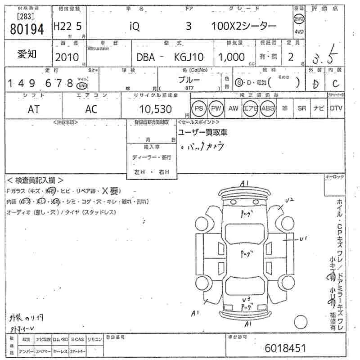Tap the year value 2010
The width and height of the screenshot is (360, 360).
pos(67,57)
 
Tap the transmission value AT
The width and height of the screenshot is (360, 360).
pos(33,109)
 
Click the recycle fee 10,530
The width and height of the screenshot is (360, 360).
pos(156,109)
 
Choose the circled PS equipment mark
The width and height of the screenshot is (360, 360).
pos(198,108)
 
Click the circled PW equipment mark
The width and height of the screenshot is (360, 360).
pos(216,108)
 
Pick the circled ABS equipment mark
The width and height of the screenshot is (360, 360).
pos(268,108)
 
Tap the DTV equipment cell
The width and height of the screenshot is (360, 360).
pos(336,108)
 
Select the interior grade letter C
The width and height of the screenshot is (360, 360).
pos(335,84)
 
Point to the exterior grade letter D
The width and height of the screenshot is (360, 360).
pos(316,84)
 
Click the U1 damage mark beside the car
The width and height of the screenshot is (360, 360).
pos(302,239)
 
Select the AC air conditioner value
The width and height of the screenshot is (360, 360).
pos(91,109)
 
